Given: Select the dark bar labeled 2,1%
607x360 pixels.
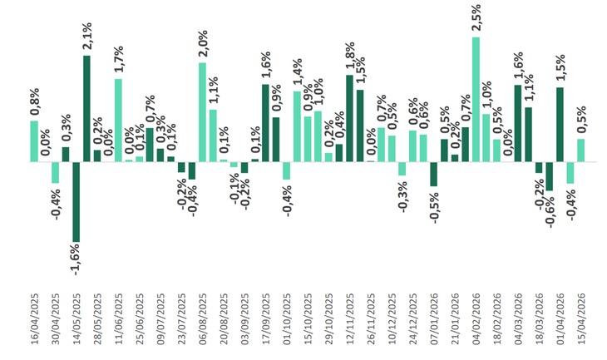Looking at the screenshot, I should click(86, 108).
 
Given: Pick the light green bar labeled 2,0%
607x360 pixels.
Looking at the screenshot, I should click(202, 111).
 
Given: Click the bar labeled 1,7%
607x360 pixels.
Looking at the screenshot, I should click(118, 120).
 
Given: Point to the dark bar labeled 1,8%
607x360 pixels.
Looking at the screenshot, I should click(349, 118).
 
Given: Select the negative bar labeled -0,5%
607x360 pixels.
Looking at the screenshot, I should click(433, 174).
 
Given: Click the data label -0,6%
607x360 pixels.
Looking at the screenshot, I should click(550, 209).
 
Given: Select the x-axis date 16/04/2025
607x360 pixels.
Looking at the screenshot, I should click(34, 328).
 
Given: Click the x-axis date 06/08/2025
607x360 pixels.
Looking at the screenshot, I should click(202, 328).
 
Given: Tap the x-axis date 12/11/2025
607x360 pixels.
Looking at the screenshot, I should click(349, 328).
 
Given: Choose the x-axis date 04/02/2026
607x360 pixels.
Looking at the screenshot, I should click(476, 328).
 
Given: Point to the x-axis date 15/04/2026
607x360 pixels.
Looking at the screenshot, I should click(580, 328).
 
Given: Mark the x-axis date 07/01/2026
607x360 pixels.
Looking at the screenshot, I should click(433, 328).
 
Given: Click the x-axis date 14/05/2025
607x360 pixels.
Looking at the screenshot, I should click(76, 328).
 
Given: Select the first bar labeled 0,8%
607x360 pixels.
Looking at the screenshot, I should click(34, 141).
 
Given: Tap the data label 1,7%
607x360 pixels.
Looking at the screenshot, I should click(118, 61).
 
